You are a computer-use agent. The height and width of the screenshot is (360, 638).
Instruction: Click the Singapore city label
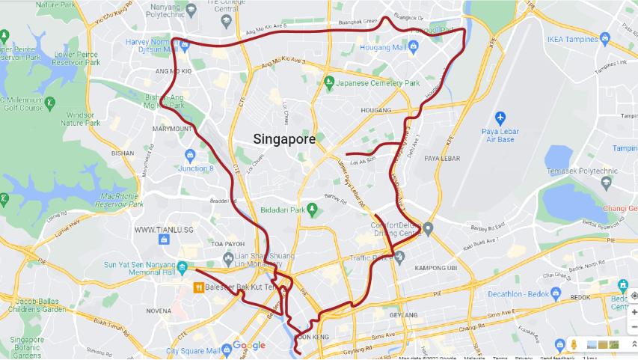284,138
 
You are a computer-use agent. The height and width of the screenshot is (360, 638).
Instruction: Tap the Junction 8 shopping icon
189,156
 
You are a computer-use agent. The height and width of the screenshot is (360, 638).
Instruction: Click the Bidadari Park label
287,210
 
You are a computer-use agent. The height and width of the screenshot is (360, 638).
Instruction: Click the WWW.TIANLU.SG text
164,230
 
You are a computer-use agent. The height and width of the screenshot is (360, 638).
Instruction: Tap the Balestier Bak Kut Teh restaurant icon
198,287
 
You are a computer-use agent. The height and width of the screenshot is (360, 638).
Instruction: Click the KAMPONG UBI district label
431,268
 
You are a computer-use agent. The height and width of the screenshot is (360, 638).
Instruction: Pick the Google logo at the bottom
248,345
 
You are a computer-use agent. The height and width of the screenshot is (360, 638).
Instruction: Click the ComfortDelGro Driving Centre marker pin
427,228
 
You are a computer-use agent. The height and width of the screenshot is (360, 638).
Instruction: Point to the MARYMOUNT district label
172,129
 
